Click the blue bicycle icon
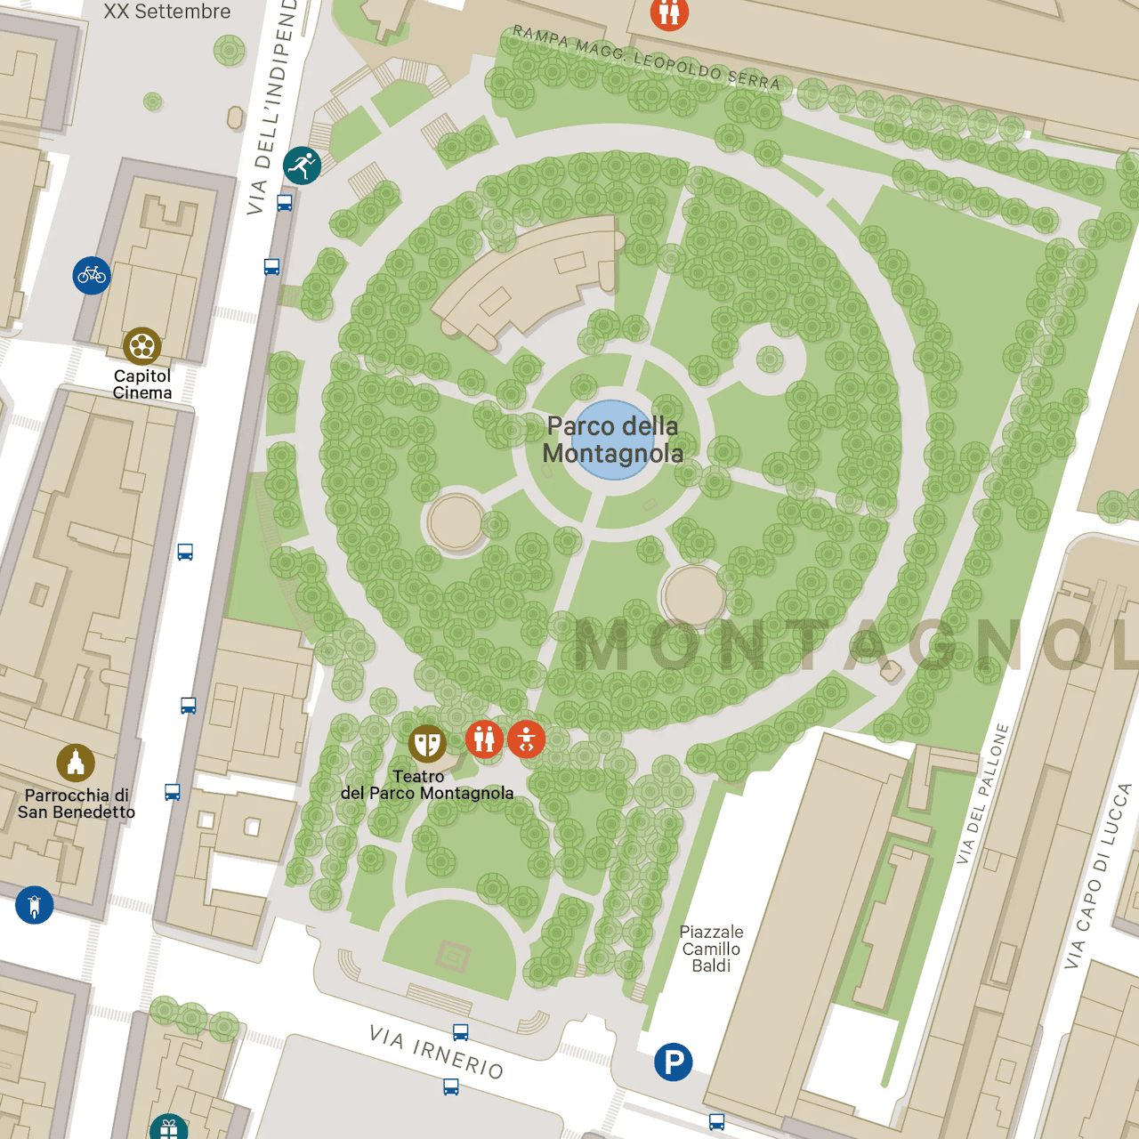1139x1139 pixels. point(92,276)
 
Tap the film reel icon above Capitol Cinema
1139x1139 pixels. point(142,346)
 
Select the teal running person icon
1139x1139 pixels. point(302,166)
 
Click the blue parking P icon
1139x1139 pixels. point(674,1062)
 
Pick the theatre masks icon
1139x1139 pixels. point(427,743)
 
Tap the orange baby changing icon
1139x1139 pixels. point(527,739)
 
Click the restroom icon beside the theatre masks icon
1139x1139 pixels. point(484,739)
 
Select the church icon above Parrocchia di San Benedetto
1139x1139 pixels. point(76,763)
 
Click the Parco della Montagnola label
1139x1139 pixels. point(613,440)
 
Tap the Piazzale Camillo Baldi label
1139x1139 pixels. point(711,949)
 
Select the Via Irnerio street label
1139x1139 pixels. point(436,1051)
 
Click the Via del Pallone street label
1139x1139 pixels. point(982,794)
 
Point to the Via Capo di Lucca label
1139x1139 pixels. point(1099,876)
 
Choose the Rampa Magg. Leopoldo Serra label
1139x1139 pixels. point(646,59)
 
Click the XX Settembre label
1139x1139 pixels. point(166,12)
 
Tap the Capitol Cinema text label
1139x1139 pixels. point(142,384)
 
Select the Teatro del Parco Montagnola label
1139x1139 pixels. point(427,785)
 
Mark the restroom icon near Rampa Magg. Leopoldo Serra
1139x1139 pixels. point(669,12)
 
